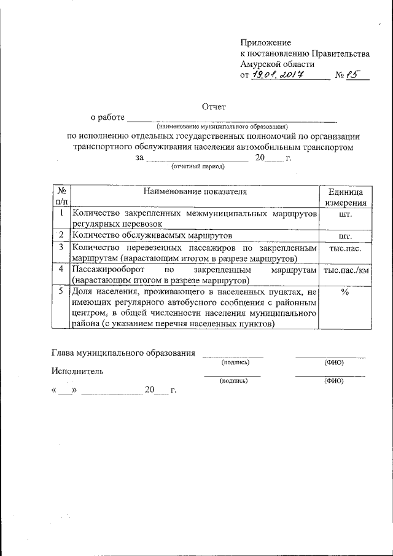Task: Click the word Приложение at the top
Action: coord(265,42)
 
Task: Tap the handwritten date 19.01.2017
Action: coord(278,76)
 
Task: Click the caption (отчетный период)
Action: coord(198,166)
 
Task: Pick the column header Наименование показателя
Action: coord(195,191)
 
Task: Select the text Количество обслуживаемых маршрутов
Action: coord(152,235)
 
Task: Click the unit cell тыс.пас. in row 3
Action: coord(345,248)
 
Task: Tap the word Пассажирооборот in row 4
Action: coord(109,270)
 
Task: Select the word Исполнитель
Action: coord(77,371)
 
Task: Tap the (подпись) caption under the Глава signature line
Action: coord(233,362)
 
